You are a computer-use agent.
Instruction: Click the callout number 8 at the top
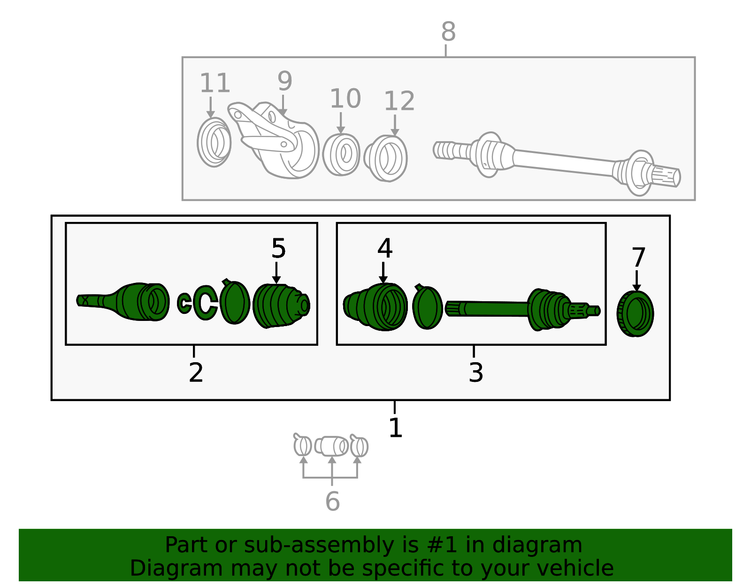point(448,31)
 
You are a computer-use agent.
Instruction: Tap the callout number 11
point(215,83)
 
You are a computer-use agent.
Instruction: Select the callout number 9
point(285,81)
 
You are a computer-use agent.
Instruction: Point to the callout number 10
point(345,99)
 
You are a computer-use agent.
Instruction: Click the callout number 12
point(399,101)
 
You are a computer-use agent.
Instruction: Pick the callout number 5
point(278,248)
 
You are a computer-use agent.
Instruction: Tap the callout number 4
point(385,248)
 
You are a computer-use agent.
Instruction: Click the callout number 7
point(638,257)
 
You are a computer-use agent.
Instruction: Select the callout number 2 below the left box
point(196,372)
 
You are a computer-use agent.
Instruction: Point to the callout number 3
point(475,372)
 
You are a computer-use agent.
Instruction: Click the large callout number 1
point(395,427)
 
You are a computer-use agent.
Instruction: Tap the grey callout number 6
point(332,501)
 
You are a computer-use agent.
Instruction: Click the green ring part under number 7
point(635,313)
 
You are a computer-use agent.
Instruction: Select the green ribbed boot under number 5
point(281,305)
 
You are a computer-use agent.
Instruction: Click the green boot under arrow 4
point(375,307)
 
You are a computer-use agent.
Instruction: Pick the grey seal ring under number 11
point(214,142)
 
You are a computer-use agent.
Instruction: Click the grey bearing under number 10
point(341,154)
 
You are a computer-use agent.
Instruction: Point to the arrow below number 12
point(395,125)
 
